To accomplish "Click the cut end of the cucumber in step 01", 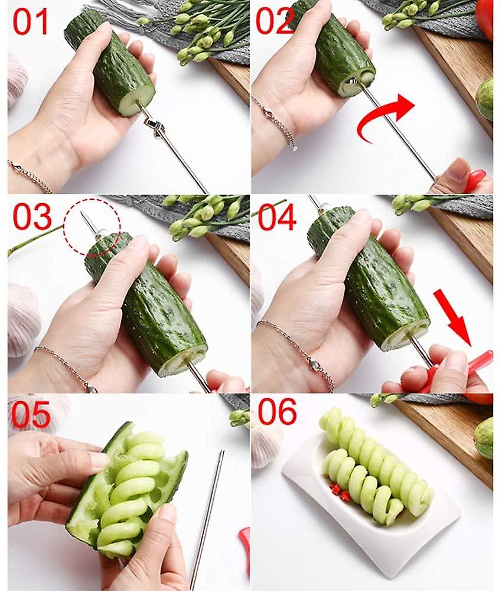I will [x=136, y=100].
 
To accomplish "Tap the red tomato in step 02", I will [x=485, y=18].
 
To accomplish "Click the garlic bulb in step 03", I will [x=22, y=319].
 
